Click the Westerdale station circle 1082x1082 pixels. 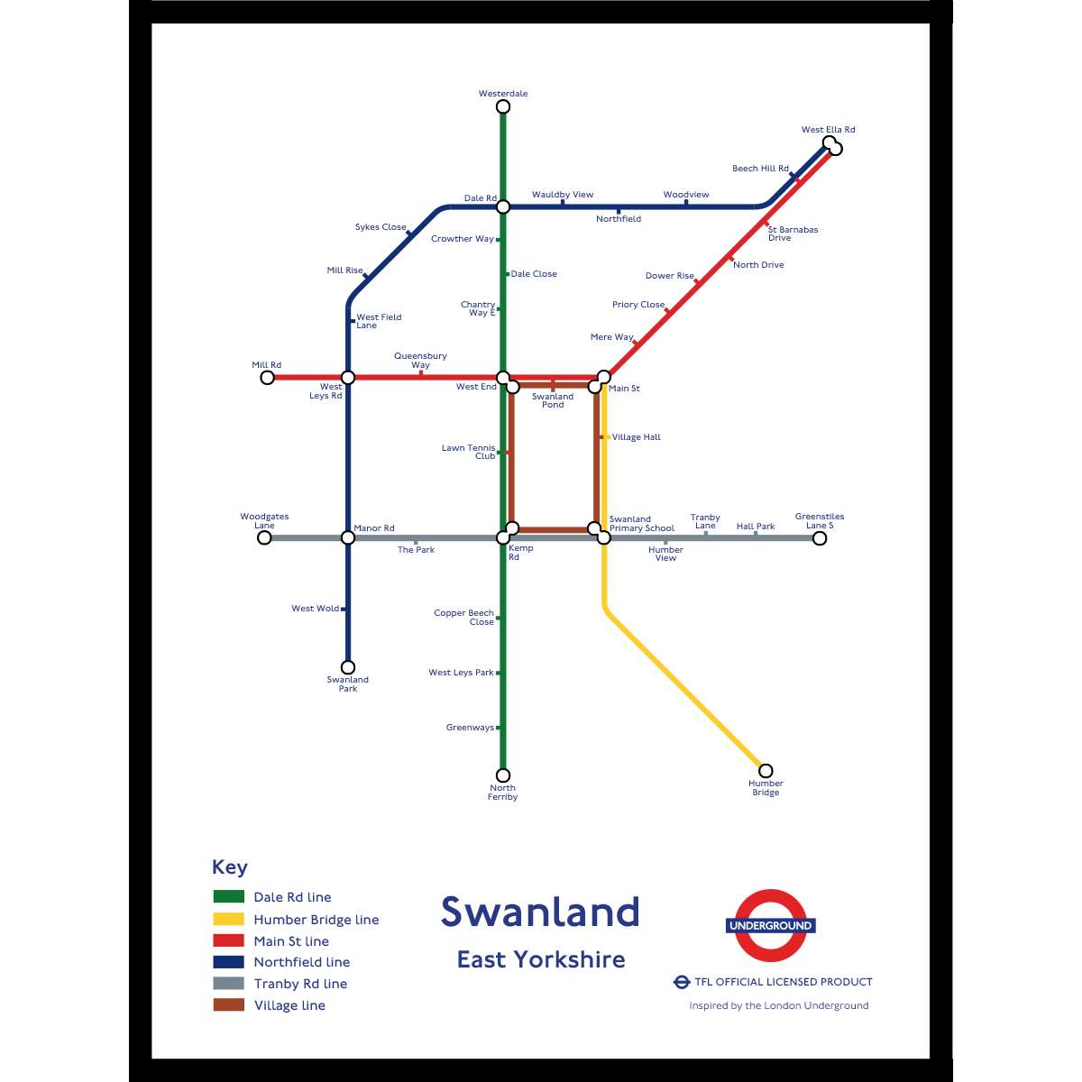click(503, 107)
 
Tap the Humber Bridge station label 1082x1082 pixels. click(766, 788)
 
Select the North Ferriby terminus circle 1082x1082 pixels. click(503, 775)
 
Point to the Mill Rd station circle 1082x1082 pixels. click(267, 378)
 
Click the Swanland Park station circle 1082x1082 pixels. click(348, 668)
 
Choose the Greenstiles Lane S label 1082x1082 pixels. click(820, 521)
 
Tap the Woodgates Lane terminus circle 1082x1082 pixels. click(264, 538)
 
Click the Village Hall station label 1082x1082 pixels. click(636, 437)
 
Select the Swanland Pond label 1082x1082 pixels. click(553, 400)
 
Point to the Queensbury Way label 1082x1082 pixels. click(420, 361)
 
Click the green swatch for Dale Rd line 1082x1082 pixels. click(228, 897)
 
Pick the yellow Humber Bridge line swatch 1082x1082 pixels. click(228, 919)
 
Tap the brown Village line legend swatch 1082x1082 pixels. click(228, 1005)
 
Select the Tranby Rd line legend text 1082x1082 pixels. click(300, 984)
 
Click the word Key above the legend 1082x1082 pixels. click(229, 867)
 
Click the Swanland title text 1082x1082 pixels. click(540, 912)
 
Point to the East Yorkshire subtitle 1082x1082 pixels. click(540, 959)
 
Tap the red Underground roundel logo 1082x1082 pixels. click(770, 926)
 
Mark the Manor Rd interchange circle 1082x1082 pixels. click(348, 538)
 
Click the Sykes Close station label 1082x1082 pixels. click(381, 227)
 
